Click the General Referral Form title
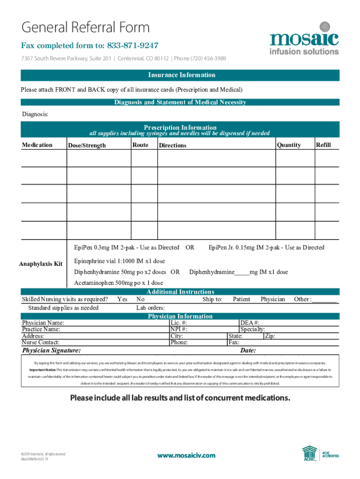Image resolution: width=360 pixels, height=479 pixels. click(x=85, y=28)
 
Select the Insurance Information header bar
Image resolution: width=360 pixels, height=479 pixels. click(x=181, y=75)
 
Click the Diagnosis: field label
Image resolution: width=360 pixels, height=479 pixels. click(x=35, y=114)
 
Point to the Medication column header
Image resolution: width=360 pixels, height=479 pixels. click(x=37, y=145)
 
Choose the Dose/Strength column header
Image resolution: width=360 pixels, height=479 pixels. click(x=87, y=145)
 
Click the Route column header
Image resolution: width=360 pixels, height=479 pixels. click(x=140, y=145)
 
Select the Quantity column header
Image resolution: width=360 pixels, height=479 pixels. click(x=289, y=145)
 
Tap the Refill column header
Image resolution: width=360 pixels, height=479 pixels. click(x=324, y=145)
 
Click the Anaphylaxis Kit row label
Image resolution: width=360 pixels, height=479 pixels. click(x=41, y=264)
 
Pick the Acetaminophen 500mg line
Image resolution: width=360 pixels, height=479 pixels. click(x=119, y=283)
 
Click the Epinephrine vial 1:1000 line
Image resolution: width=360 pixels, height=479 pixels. click(x=120, y=261)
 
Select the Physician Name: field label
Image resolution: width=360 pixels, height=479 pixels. click(x=43, y=323)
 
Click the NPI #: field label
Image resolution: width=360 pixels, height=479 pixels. click(x=179, y=329)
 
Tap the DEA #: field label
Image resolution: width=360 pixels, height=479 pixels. click(x=250, y=323)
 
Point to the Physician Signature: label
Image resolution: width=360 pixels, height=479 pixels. click(x=51, y=350)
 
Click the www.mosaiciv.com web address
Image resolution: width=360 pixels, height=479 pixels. click(x=186, y=455)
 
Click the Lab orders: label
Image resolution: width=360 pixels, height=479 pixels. click(x=150, y=308)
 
